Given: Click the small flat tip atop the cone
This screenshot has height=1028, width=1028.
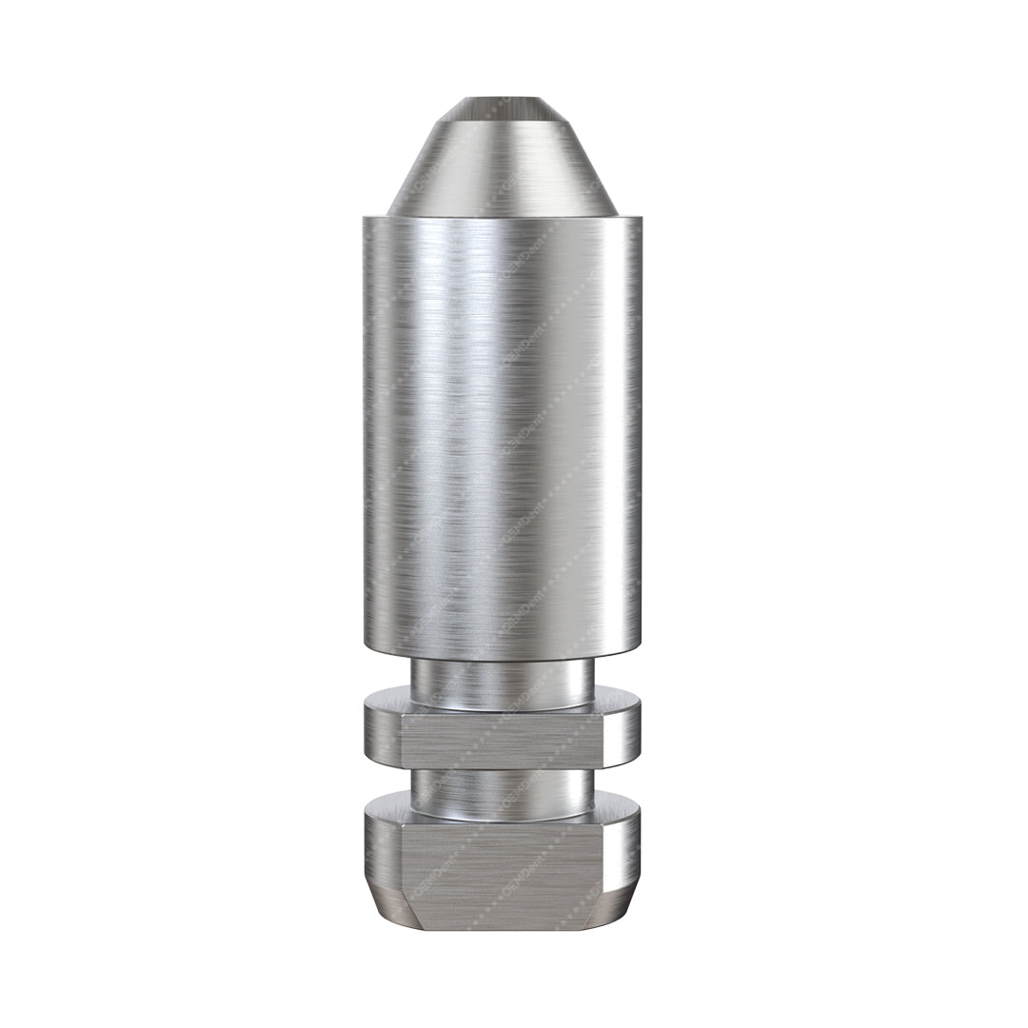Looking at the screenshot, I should pyautogui.click(x=502, y=103).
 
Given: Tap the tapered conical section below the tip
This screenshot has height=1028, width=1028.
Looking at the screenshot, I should pyautogui.click(x=502, y=162).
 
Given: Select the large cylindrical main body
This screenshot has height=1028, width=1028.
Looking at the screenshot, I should pyautogui.click(x=502, y=428).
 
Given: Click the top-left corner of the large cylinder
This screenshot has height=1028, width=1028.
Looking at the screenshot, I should pyautogui.click(x=366, y=219).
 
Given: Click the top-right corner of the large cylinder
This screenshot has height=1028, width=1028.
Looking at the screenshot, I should pyautogui.click(x=640, y=219).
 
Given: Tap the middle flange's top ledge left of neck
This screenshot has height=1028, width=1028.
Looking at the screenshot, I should pyautogui.click(x=388, y=705).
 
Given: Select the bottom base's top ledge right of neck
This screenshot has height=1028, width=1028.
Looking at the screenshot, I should pyautogui.click(x=615, y=809).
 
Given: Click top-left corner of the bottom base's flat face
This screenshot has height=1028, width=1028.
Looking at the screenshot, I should pyautogui.click(x=404, y=826).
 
